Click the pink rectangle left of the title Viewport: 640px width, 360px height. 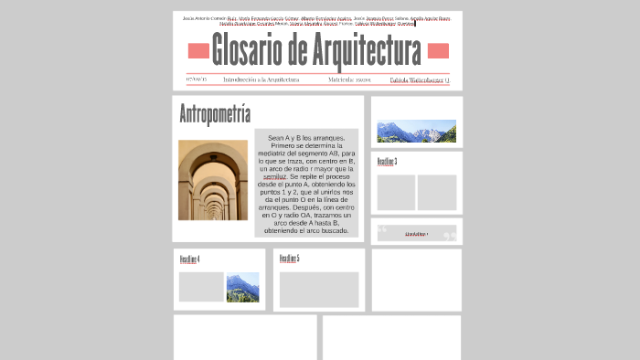(x=198, y=50)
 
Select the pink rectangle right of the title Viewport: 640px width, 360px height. (x=438, y=50)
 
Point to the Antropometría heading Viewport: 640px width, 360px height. (x=215, y=115)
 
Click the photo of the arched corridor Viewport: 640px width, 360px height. (x=212, y=180)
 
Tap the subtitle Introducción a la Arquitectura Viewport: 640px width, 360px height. (x=261, y=79)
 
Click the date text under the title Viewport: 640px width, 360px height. (x=196, y=79)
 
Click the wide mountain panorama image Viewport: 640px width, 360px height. (x=416, y=132)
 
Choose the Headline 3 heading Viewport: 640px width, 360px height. (x=387, y=162)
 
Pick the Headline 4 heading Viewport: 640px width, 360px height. (x=189, y=259)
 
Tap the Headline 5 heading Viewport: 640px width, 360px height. (x=289, y=259)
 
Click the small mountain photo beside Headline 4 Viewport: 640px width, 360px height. (x=242, y=287)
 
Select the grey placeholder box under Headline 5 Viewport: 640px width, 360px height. (x=319, y=290)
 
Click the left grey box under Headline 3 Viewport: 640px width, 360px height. (x=396, y=192)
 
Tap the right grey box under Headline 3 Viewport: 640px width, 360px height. (x=437, y=192)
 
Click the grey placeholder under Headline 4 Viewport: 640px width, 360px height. (x=201, y=287)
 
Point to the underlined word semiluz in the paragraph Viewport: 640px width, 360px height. (x=275, y=176)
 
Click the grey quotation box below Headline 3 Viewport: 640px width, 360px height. (x=417, y=233)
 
